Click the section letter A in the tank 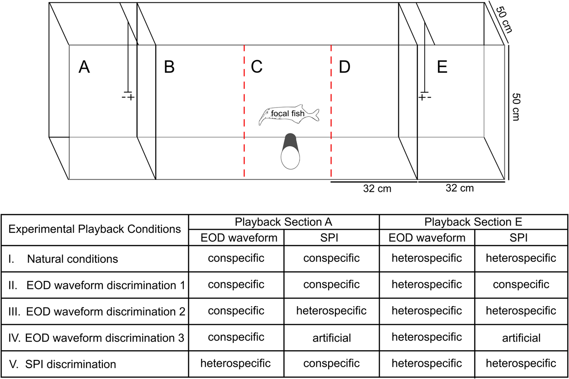(84, 67)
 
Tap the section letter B (169, 67)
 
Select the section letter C (257, 67)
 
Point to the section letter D (345, 67)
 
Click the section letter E (442, 67)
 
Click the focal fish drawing (289, 115)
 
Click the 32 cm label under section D (377, 188)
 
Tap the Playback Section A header (284, 222)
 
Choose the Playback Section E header (473, 222)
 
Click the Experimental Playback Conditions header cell (95, 229)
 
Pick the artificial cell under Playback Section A (331, 338)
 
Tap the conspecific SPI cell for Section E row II (521, 285)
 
